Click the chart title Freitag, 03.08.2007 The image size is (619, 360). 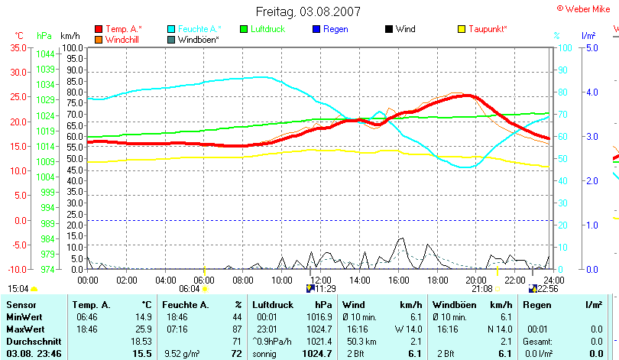click(308, 11)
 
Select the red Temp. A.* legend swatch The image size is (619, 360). click(99, 29)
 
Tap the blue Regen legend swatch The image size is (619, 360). click(317, 29)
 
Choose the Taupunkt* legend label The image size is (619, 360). click(488, 29)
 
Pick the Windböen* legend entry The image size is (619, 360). click(198, 39)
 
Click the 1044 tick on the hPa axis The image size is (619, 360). click(45, 54)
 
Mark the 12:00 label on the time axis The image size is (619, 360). click(320, 281)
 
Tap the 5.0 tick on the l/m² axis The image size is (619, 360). click(591, 47)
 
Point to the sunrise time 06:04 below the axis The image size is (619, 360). click(189, 289)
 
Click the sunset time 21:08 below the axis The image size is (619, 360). click(481, 289)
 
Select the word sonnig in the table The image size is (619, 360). click(265, 354)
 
